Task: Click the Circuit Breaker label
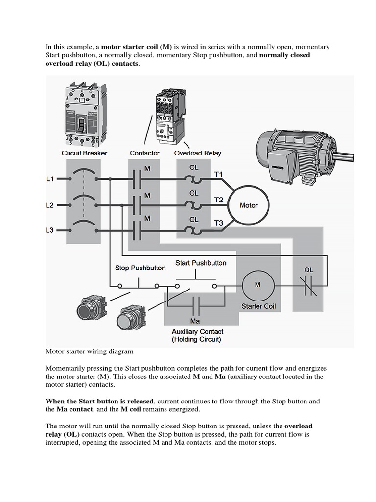tap(84, 153)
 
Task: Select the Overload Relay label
tap(198, 153)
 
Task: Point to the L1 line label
tap(50, 179)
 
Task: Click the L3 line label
tap(50, 229)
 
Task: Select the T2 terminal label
tap(218, 200)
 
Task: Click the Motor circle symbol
tap(248, 205)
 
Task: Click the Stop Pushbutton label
tap(140, 268)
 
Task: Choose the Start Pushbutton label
tap(201, 263)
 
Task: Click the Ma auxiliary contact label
tap(195, 321)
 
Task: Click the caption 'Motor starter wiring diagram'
tap(89, 351)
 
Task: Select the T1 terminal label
tap(218, 174)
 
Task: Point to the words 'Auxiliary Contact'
tap(197, 331)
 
